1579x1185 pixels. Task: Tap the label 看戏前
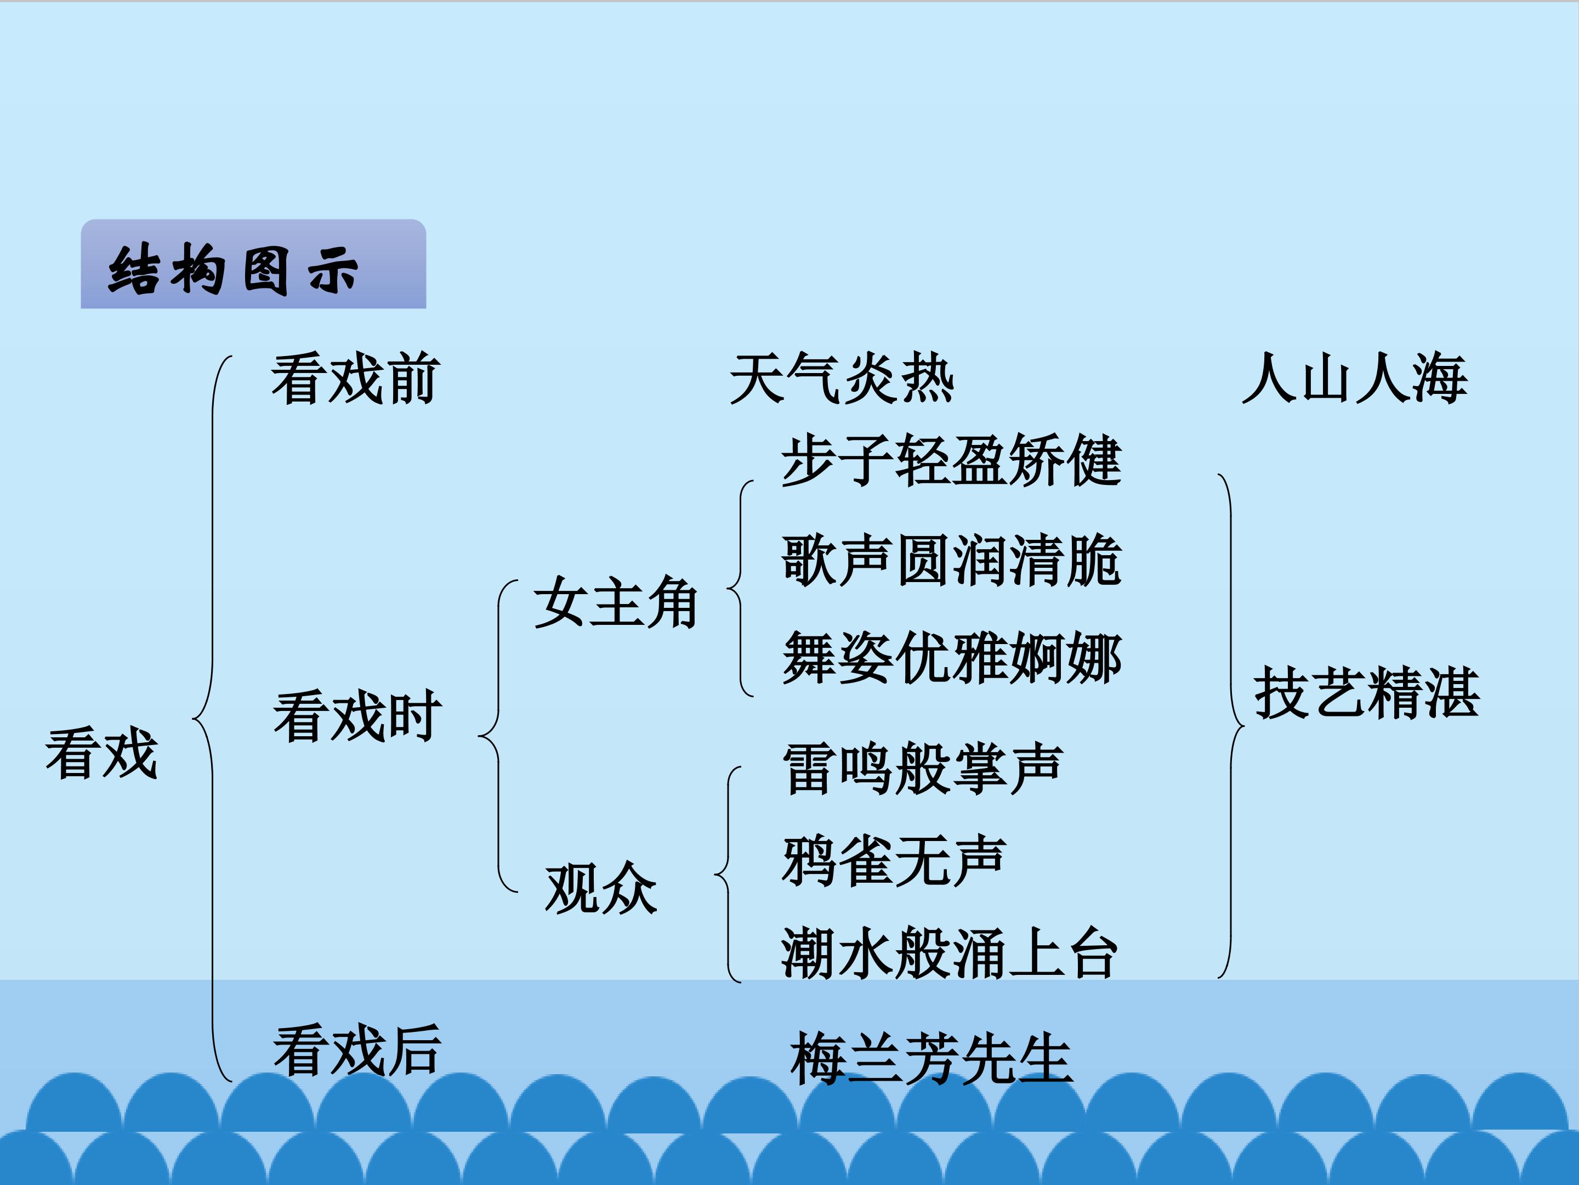click(355, 379)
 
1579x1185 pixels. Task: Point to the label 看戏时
click(357, 716)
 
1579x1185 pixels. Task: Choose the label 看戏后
click(357, 1050)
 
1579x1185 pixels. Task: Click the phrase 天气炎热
click(842, 379)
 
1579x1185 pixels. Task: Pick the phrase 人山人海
click(1355, 379)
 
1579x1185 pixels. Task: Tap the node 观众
click(601, 888)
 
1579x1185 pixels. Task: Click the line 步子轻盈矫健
click(952, 461)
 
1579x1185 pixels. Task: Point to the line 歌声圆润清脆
click(952, 560)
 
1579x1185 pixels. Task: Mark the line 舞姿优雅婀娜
click(952, 657)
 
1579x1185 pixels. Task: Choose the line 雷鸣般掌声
click(923, 769)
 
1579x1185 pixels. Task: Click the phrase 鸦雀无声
click(894, 861)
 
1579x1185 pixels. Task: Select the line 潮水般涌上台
click(950, 953)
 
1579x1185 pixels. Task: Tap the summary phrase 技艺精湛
click(1367, 692)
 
